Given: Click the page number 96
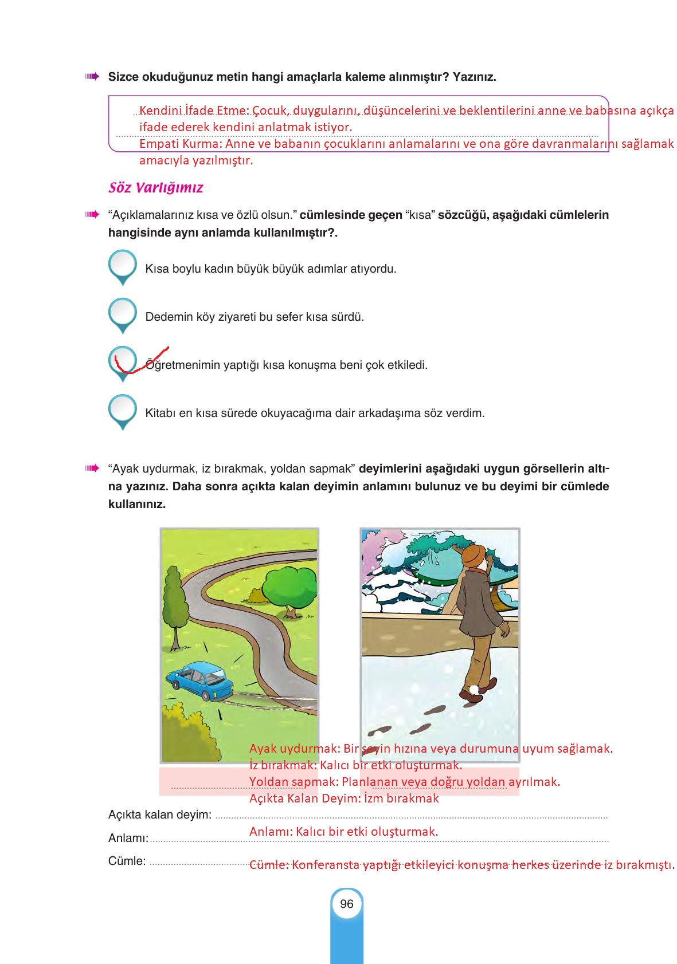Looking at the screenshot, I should point(346,904).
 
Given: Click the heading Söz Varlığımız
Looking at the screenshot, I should point(155,188).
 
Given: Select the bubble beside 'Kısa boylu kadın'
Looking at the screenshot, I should point(122,265).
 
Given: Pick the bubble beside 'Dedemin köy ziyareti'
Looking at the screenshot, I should point(122,313).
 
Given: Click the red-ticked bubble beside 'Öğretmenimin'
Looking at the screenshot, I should point(122,361).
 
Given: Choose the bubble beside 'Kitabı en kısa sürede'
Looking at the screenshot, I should point(122,410).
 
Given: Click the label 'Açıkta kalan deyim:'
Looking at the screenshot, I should point(159,815).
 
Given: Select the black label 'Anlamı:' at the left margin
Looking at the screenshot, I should point(128,839).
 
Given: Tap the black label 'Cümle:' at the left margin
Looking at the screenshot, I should point(127,861).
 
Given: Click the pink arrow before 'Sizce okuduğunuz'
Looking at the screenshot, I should point(91,76).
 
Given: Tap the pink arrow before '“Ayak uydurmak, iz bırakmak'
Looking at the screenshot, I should point(91,469).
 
